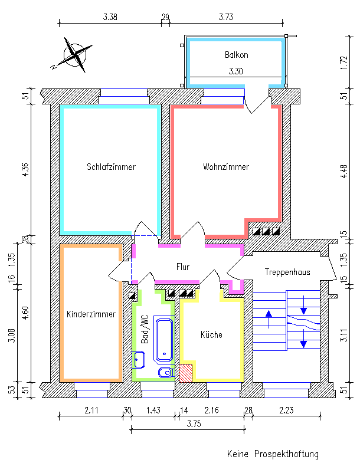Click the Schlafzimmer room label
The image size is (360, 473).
(x=111, y=167)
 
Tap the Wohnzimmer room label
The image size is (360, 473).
(x=226, y=167)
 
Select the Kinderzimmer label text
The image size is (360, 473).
(x=91, y=314)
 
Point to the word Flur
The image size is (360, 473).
(x=183, y=267)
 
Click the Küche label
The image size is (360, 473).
(x=211, y=334)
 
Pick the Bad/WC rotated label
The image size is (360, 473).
(x=145, y=329)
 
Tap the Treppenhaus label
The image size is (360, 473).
(x=287, y=272)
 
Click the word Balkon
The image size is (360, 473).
(x=237, y=55)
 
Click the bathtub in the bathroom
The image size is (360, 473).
(x=164, y=339)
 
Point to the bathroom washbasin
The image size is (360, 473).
(x=139, y=360)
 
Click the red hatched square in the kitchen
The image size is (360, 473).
(x=186, y=373)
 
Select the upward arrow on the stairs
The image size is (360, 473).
(x=269, y=319)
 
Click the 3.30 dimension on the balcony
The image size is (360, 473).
(x=235, y=71)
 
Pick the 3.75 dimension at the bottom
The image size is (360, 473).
(x=194, y=424)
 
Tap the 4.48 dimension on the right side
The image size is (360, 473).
(x=343, y=172)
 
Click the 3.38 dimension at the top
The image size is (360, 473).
(x=110, y=17)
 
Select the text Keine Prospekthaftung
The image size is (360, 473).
(x=273, y=454)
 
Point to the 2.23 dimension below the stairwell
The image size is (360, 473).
(x=286, y=410)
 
